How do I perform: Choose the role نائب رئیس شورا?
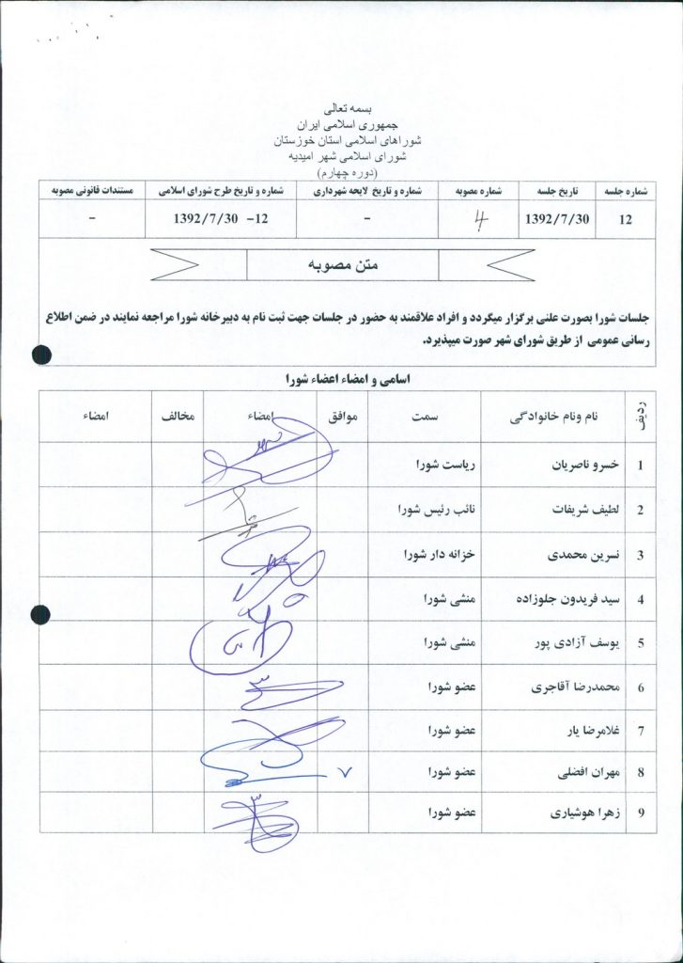click(439, 511)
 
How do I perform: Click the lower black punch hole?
click(39, 616)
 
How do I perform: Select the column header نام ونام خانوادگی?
click(562, 417)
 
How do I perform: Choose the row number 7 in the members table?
click(640, 730)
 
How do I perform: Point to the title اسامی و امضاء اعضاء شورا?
click(342, 382)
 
